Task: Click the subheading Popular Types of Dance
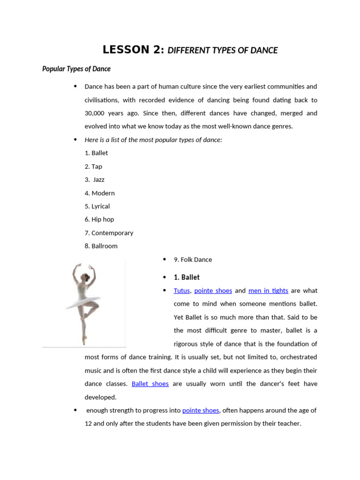coord(76,69)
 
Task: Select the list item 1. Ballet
coord(96,153)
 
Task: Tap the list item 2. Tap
coord(93,166)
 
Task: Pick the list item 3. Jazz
coord(95,180)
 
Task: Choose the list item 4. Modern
coord(99,193)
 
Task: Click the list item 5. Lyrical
coord(97,206)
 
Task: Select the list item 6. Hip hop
coord(99,219)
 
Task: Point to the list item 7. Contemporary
coord(109,233)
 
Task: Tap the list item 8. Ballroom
coord(101,246)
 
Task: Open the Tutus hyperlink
coord(181,291)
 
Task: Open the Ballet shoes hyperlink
coord(150,383)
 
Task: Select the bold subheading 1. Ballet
coord(187,277)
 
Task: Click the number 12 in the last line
coord(89,423)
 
